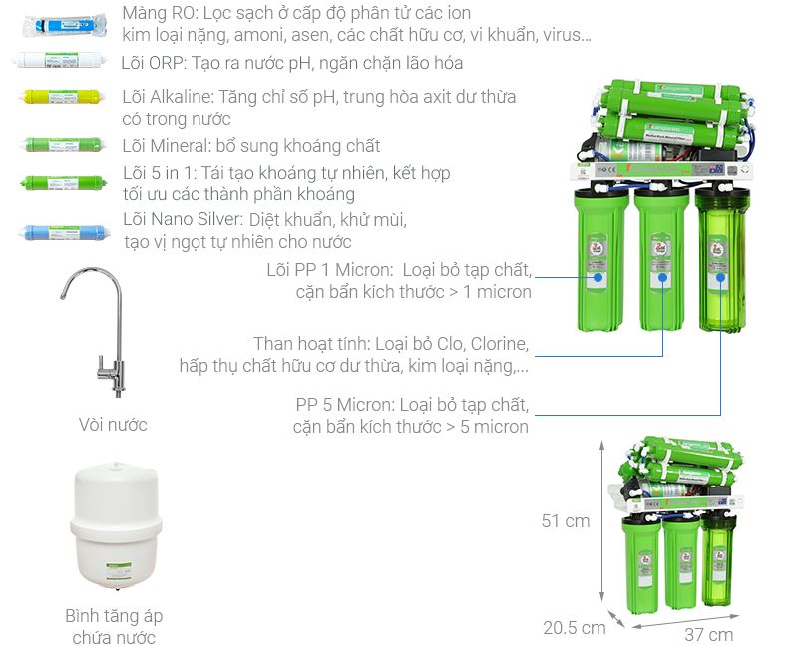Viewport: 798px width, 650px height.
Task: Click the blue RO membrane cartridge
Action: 65,25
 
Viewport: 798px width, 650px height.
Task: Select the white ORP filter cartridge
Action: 60,60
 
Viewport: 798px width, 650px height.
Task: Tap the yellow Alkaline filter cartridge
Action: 63,96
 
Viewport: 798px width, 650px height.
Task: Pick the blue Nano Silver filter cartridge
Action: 65,233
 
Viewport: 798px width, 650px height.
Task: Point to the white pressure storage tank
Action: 116,526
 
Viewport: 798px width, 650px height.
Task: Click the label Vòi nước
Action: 113,424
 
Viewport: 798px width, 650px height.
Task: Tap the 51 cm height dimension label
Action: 566,520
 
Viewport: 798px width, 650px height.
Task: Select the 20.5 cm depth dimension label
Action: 575,628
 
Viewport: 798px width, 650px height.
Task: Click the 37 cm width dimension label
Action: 708,635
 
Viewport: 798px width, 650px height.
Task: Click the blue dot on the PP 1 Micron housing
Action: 598,278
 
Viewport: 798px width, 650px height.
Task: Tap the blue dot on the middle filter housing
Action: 662,278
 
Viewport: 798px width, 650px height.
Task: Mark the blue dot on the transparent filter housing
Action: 720,278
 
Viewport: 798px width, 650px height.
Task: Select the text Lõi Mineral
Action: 166,146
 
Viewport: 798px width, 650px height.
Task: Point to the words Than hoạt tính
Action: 311,344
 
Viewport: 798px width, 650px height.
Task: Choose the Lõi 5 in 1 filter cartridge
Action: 64,182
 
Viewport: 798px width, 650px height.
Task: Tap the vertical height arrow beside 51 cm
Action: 602,520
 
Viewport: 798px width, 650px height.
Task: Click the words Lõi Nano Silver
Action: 183,219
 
